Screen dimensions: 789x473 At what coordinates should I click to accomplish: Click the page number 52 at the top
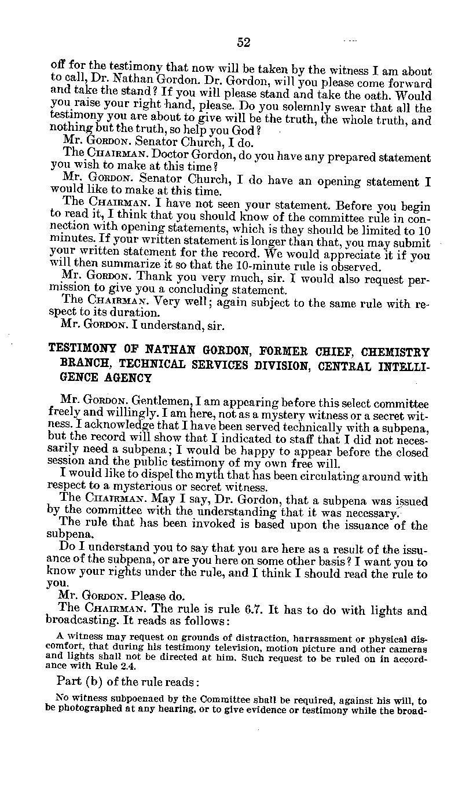click(x=243, y=42)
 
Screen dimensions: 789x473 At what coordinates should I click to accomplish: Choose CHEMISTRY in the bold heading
click(x=397, y=351)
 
